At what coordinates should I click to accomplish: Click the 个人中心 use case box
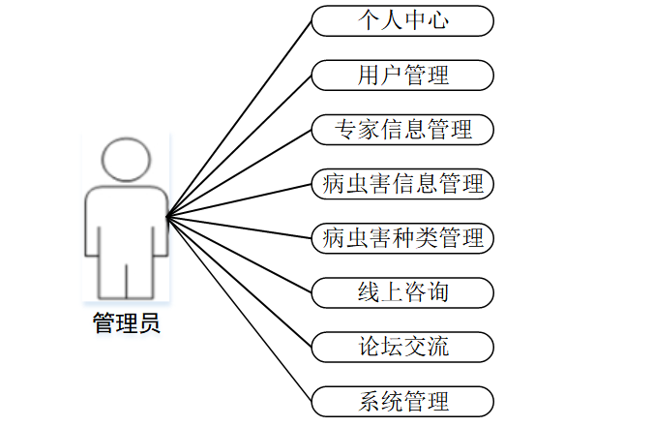pos(402,20)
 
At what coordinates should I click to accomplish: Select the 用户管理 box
pos(402,75)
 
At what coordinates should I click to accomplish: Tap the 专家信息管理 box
pos(402,129)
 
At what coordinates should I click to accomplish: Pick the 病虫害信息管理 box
pos(402,183)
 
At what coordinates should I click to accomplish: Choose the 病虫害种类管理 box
pos(402,237)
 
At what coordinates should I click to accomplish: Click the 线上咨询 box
pos(402,291)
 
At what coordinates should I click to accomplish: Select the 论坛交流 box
pos(402,346)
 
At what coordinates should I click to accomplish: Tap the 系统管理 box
pos(402,400)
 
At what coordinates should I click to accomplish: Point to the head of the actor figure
pos(127,159)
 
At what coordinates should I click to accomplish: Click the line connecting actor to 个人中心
pos(240,118)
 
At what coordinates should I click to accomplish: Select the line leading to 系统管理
pos(240,308)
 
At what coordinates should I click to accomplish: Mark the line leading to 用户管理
pos(240,145)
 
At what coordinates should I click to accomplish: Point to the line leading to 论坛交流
pos(240,281)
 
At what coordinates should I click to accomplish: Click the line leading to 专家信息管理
pos(240,172)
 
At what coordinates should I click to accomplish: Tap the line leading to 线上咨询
pos(240,254)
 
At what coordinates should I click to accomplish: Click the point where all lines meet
pos(167,214)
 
